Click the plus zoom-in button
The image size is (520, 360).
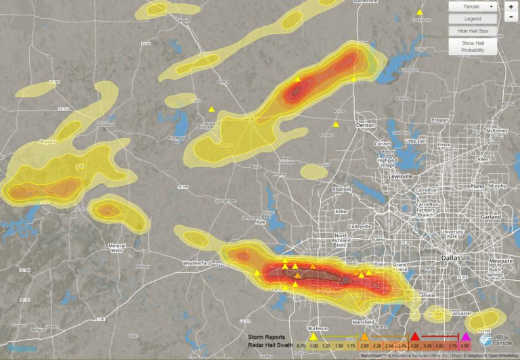(510, 6)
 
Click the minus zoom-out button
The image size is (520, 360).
(510, 16)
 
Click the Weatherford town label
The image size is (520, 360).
(197, 263)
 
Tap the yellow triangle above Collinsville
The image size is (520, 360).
(420, 12)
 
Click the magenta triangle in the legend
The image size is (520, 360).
(465, 336)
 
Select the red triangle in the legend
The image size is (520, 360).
(415, 336)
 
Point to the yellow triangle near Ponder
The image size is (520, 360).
(335, 124)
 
